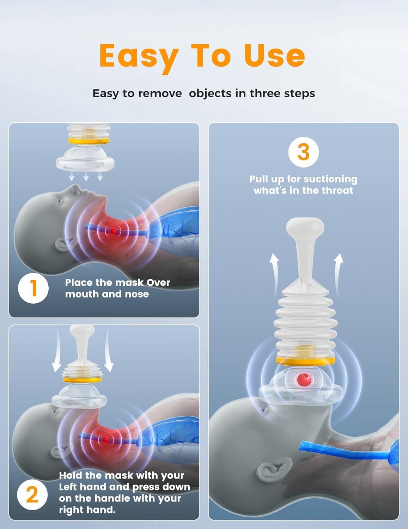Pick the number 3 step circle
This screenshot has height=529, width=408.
[x=303, y=152]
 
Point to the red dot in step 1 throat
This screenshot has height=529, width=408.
[x=113, y=231]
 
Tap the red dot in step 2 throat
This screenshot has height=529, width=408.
[x=105, y=439]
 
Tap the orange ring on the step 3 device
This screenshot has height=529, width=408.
[x=305, y=360]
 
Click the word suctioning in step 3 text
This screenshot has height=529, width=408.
[x=330, y=179]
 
